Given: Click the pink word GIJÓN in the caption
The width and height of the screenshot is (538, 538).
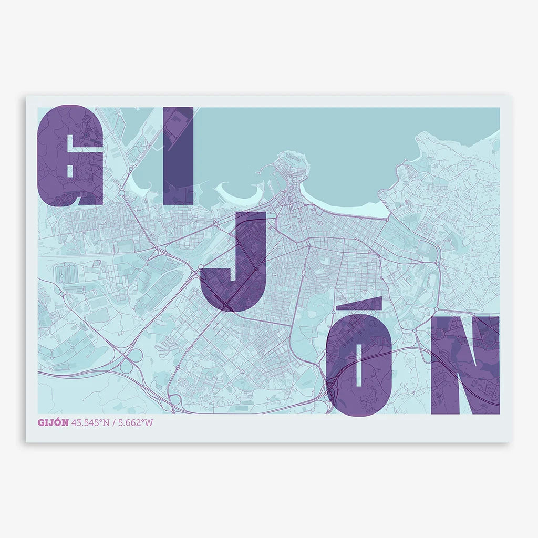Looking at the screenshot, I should [x=53, y=422].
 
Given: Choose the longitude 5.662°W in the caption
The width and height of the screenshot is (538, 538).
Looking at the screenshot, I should [x=135, y=422].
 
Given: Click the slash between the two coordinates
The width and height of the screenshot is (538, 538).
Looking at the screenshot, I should [x=113, y=422].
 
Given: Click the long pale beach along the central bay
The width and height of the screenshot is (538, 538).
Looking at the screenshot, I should [x=357, y=209].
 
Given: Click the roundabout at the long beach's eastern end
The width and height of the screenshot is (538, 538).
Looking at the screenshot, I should [x=389, y=217].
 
